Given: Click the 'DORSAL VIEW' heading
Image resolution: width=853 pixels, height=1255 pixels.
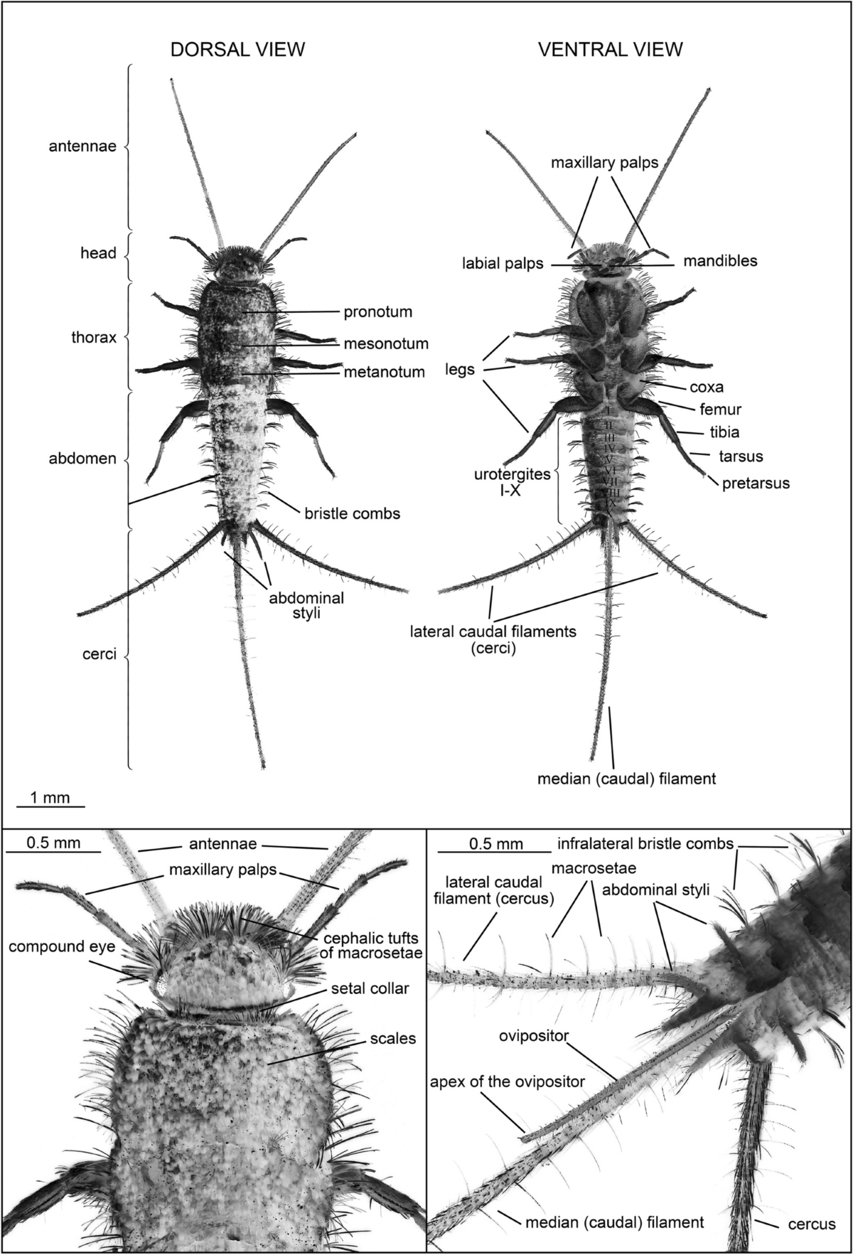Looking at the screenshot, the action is coord(237,49).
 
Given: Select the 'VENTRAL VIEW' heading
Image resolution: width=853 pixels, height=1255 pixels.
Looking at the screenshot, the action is coord(610,49).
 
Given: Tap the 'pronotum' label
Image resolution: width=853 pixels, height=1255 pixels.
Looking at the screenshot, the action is coord(377,311).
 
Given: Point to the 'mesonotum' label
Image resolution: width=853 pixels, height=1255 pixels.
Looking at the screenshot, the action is coord(386,344).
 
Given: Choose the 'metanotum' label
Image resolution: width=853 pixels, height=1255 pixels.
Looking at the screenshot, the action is coord(384,371).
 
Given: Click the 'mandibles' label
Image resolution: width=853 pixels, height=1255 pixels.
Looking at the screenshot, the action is coord(720,261).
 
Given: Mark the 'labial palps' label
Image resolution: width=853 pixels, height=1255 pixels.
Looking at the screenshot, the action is coord(503,264).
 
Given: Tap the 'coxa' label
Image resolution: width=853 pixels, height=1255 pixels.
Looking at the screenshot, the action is coord(706,388).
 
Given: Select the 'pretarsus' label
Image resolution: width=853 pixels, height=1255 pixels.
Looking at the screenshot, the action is coord(756,484).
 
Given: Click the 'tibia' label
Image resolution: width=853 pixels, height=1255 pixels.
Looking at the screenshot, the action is coord(724,432).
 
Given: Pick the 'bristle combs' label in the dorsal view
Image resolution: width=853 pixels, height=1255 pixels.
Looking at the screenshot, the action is coord(352,513).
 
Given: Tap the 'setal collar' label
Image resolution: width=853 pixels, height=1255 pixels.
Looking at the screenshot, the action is coord(370,988).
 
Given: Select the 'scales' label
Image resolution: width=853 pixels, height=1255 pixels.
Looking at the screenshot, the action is coord(392,1039).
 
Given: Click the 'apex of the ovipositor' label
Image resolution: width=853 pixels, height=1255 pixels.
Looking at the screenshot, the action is coord(507,1082).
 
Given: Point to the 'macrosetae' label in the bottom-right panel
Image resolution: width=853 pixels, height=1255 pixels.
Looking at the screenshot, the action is coord(593,868).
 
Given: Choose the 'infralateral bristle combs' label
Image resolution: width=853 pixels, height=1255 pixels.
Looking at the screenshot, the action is coord(645,844).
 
